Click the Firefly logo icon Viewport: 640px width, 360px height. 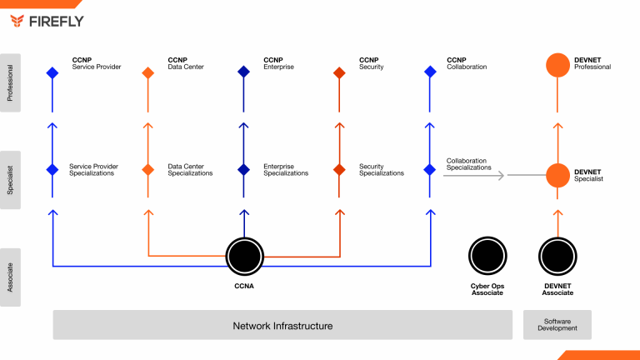click(17, 21)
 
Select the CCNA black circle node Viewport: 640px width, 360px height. click(244, 257)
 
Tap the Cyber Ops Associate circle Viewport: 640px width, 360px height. click(487, 256)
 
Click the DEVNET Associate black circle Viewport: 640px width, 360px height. click(557, 257)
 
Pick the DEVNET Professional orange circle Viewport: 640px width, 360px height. click(557, 65)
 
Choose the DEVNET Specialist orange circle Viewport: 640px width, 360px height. click(557, 175)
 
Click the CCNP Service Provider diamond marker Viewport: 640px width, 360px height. click(52, 72)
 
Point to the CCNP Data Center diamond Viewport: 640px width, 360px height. click(147, 72)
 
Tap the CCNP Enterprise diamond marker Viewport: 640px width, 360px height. click(243, 72)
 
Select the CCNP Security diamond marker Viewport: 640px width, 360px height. click(339, 72)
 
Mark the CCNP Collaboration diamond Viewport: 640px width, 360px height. click(430, 72)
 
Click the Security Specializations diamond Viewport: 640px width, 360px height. click(339, 169)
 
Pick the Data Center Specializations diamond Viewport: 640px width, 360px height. click(147, 169)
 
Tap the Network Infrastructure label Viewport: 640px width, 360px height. click(282, 326)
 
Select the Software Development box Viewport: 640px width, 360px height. click(557, 324)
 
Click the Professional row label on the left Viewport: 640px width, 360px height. click(10, 82)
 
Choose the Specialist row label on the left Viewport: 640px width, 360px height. click(10, 180)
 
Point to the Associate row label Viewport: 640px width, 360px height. click(10, 277)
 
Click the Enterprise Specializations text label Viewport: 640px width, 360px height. click(286, 170)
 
